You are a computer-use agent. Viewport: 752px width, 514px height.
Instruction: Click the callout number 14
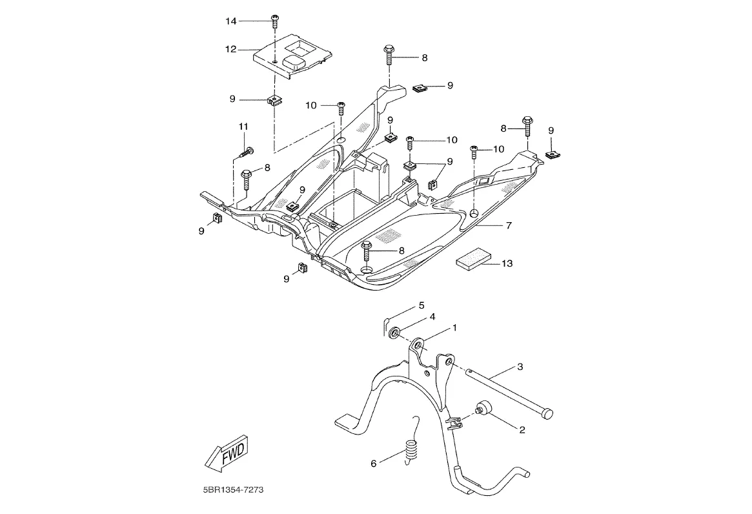231,21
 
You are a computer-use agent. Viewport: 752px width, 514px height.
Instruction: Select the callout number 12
231,49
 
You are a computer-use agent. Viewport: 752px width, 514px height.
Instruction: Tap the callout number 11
243,125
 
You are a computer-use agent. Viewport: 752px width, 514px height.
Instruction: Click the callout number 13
507,263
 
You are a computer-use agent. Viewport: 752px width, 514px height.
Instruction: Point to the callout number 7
509,225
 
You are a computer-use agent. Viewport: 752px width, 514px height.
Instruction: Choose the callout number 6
373,464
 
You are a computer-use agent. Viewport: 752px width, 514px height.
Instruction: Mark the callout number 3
520,367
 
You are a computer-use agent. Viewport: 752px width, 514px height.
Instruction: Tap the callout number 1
454,327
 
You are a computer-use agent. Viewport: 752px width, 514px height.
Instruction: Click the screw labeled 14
274,21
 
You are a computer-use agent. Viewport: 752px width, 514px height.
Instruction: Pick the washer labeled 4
393,333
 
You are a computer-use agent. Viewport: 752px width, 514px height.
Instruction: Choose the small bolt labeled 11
245,152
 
